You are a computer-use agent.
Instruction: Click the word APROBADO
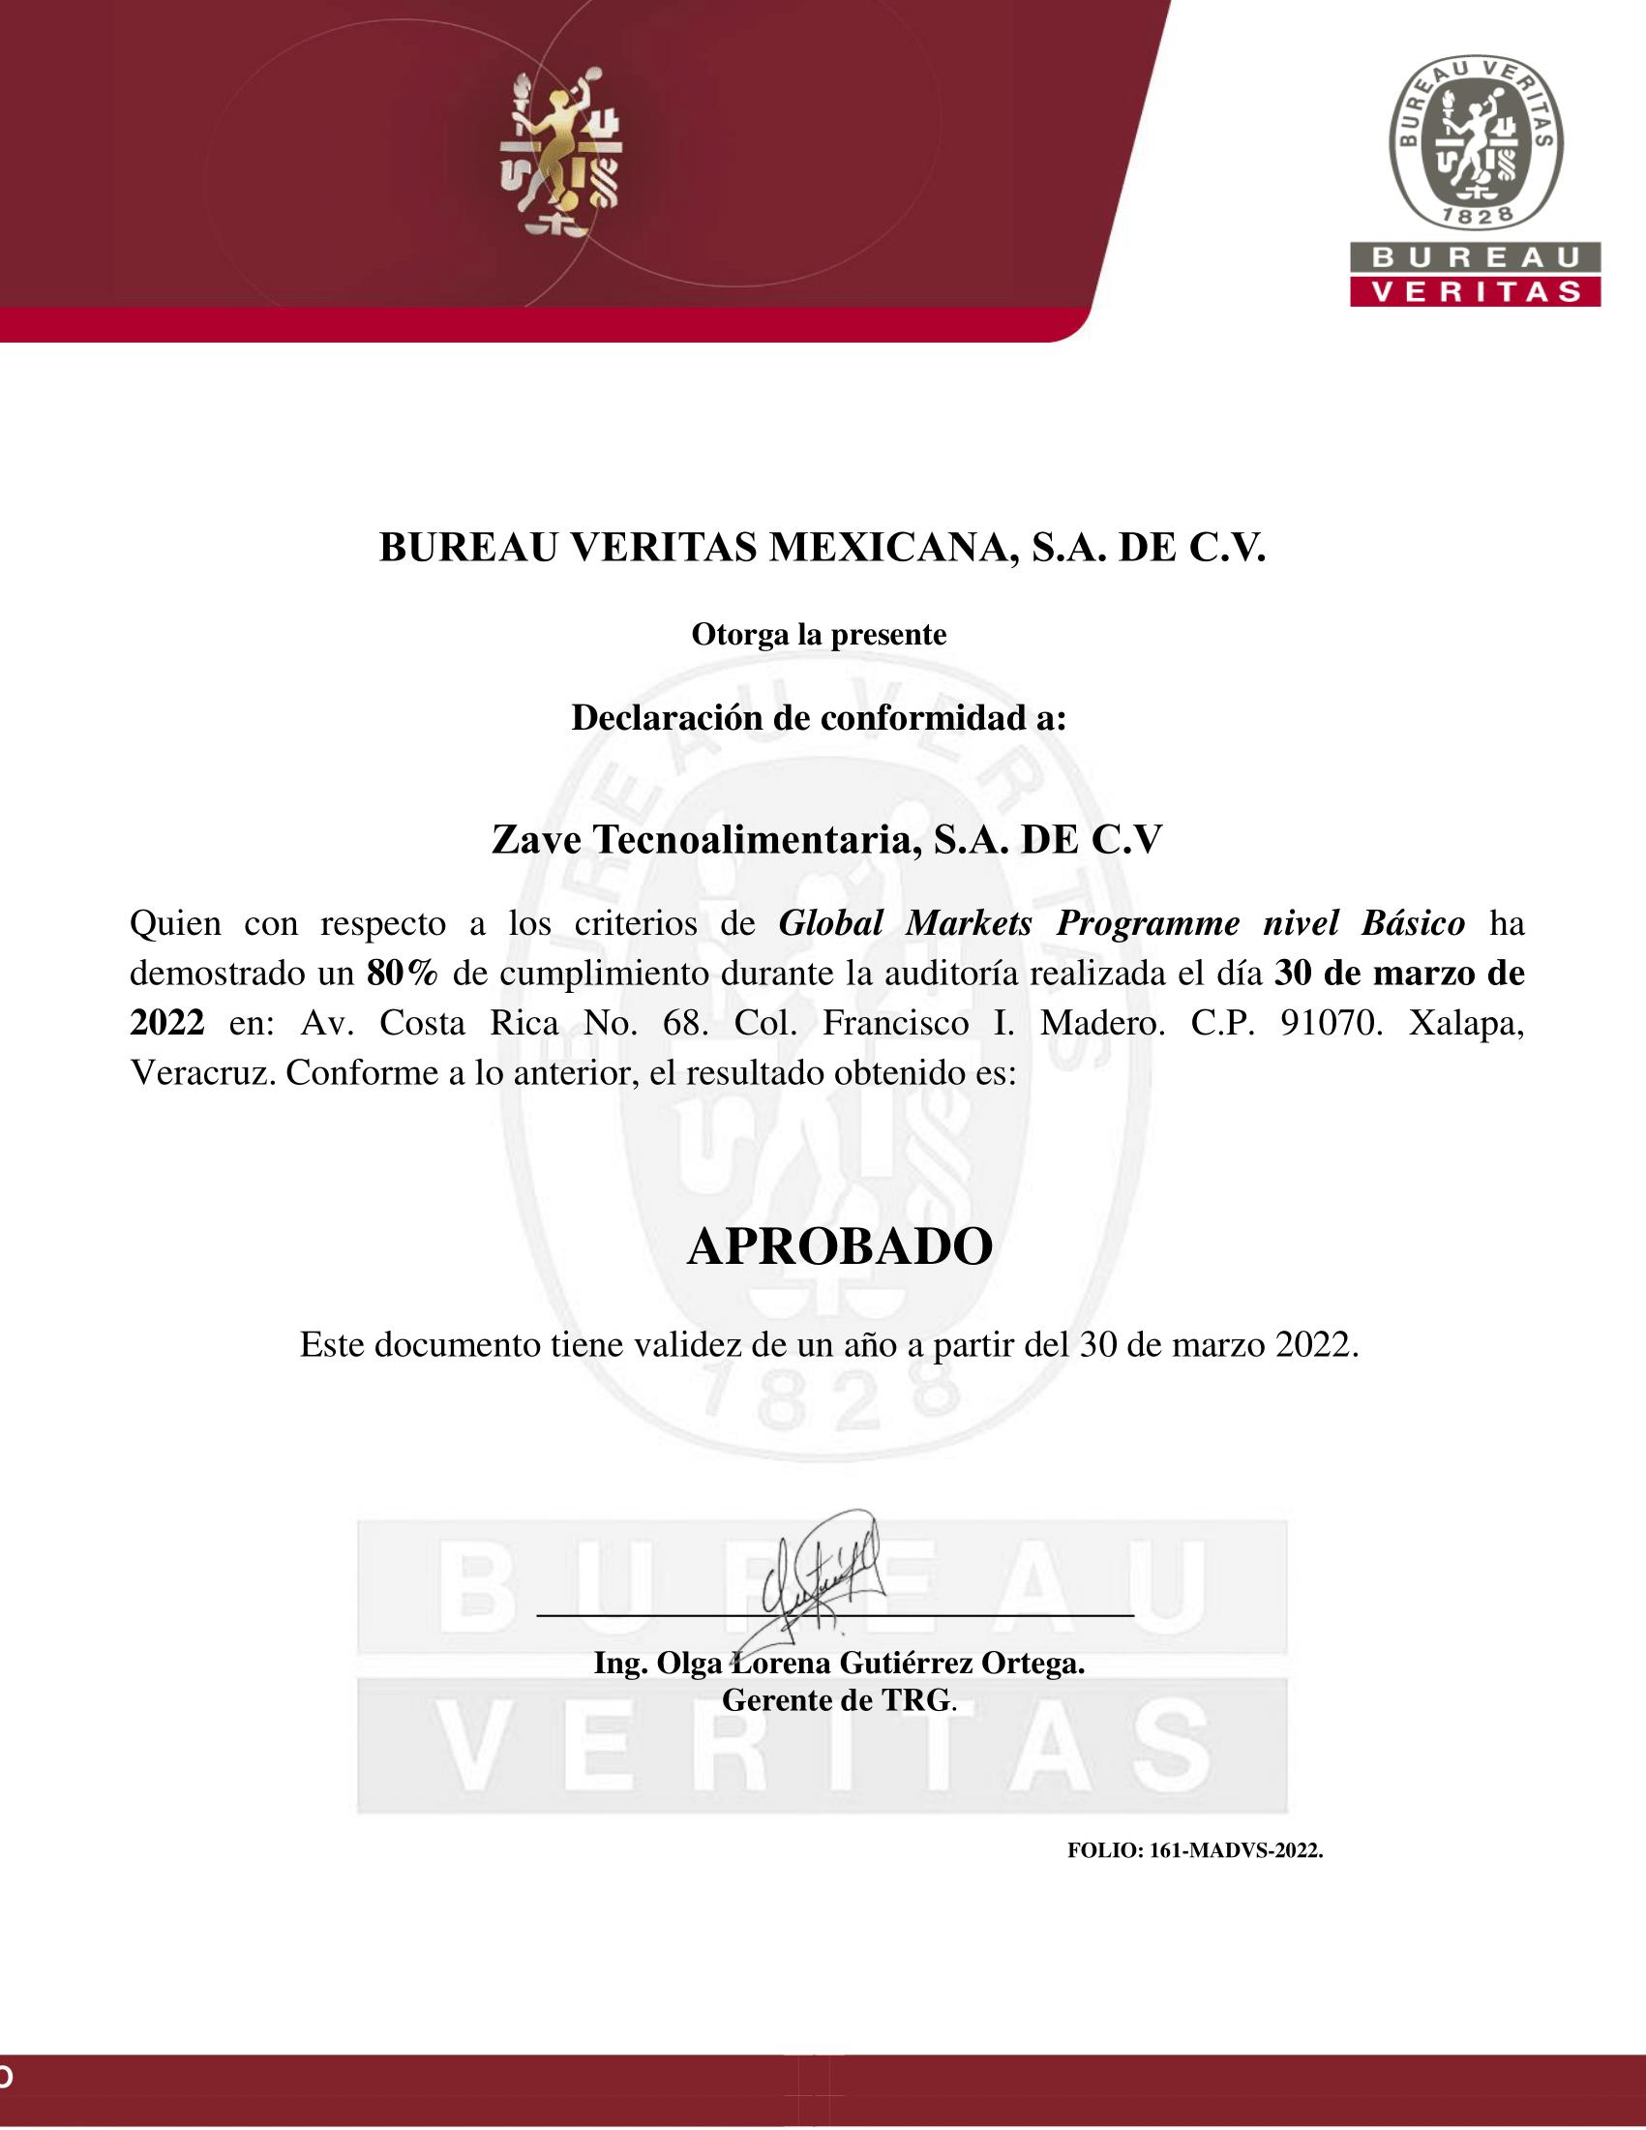coord(840,1246)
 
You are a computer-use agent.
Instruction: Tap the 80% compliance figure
coord(402,974)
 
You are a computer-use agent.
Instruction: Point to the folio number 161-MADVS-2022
coord(1236,1850)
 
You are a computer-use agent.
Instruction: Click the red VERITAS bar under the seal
coord(1476,292)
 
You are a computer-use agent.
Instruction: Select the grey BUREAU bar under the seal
coord(1476,257)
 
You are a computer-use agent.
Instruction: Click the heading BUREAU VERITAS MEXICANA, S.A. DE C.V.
coord(822,547)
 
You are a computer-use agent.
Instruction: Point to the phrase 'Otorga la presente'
coord(819,635)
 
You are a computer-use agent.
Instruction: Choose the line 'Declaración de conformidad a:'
coord(819,718)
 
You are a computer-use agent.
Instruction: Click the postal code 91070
coord(1331,1023)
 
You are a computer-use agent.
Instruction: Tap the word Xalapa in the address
coord(1466,1023)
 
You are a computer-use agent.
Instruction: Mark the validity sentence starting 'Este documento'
coord(829,1345)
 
